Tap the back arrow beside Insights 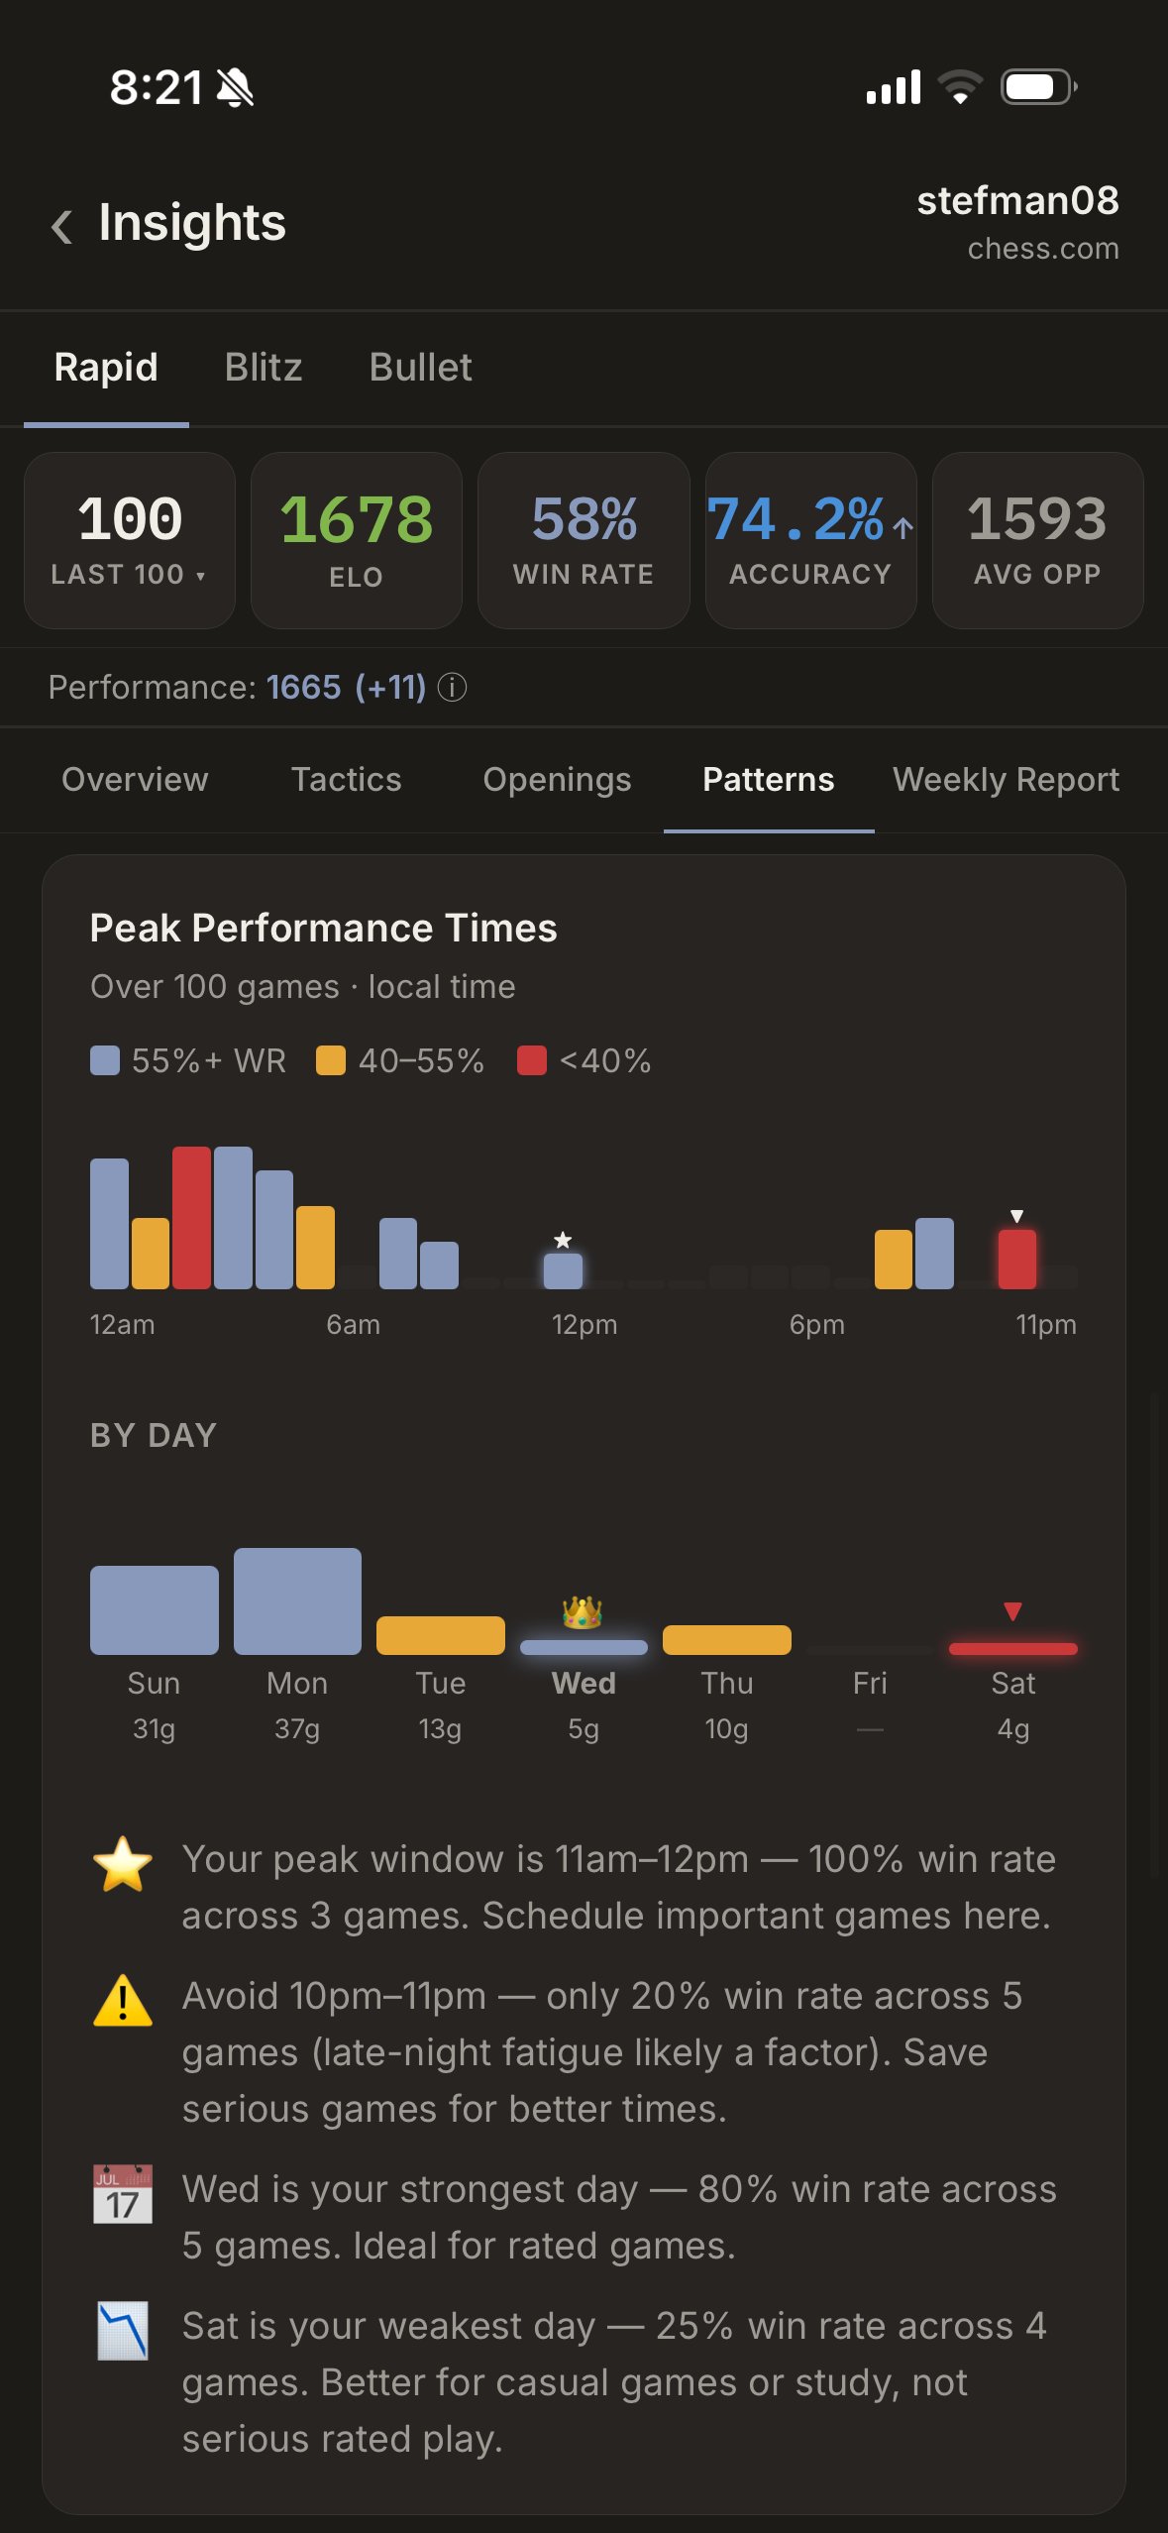[61, 226]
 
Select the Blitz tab [263, 368]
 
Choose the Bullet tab [420, 368]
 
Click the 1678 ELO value [356, 519]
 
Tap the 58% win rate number [584, 519]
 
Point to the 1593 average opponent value [1036, 519]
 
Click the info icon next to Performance [453, 688]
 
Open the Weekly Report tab [1006, 780]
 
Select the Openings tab [557, 780]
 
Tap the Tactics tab [346, 780]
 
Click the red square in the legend [532, 1060]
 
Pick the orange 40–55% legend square [330, 1060]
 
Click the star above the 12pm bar [563, 1240]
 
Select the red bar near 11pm [1016, 1259]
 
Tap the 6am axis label [353, 1325]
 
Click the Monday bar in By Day [297, 1601]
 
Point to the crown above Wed [583, 1612]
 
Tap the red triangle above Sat [1012, 1611]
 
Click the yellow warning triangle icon [123, 2001]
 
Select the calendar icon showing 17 [123, 2194]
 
